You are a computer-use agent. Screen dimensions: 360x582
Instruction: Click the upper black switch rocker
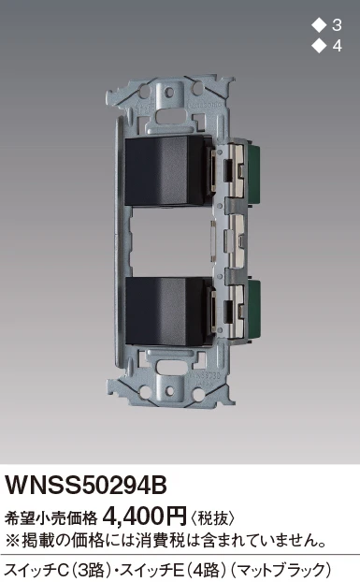point(165,170)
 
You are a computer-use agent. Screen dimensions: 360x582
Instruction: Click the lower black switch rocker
point(165,311)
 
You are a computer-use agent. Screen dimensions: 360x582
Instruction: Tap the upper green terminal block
point(253,172)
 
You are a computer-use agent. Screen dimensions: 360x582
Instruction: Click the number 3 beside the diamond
point(337,25)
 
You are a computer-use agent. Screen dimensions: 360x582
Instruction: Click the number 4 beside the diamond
point(337,46)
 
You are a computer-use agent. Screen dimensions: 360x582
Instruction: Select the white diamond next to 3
point(319,25)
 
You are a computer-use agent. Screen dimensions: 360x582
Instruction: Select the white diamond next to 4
point(319,46)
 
